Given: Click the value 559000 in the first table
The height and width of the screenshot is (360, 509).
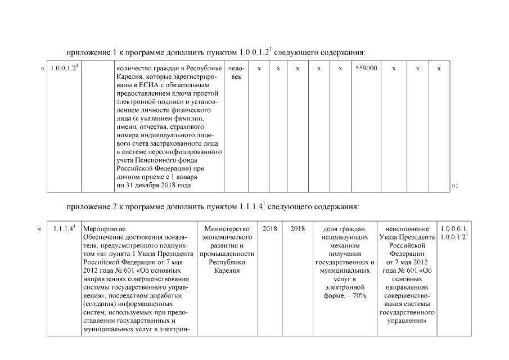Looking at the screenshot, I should coord(367,68).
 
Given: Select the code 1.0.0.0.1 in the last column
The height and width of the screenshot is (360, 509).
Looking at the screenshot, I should coord(454,229).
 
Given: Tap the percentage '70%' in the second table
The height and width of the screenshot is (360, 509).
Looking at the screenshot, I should coord(359,296).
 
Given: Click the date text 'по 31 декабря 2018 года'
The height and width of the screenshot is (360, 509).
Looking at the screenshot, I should coord(153,185).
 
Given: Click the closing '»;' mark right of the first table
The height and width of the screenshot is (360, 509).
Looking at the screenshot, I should coord(454,185).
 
